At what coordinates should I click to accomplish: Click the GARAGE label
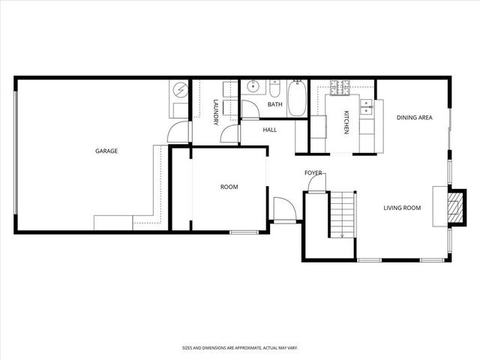point(106,151)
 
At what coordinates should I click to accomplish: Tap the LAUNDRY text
point(215,112)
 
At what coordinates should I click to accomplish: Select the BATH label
point(274,105)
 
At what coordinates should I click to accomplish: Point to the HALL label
point(270,130)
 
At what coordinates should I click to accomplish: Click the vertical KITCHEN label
point(346,122)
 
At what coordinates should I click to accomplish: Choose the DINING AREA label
point(414,117)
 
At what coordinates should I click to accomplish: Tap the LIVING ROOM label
point(402,208)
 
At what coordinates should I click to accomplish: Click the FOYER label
point(313,173)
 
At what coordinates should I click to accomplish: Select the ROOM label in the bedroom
point(229,187)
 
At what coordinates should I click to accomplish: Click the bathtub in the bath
point(297,99)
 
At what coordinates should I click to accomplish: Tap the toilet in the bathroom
point(274,91)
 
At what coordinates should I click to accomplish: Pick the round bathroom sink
point(253,87)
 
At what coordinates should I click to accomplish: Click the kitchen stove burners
point(340,88)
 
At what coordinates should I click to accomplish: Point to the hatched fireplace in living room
point(454,206)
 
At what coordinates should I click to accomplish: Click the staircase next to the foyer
point(341,214)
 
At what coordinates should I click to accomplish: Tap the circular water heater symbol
point(180,91)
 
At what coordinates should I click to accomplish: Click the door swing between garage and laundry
point(178,133)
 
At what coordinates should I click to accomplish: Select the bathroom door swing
point(249,109)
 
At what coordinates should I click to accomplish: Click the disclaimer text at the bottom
point(239,348)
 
